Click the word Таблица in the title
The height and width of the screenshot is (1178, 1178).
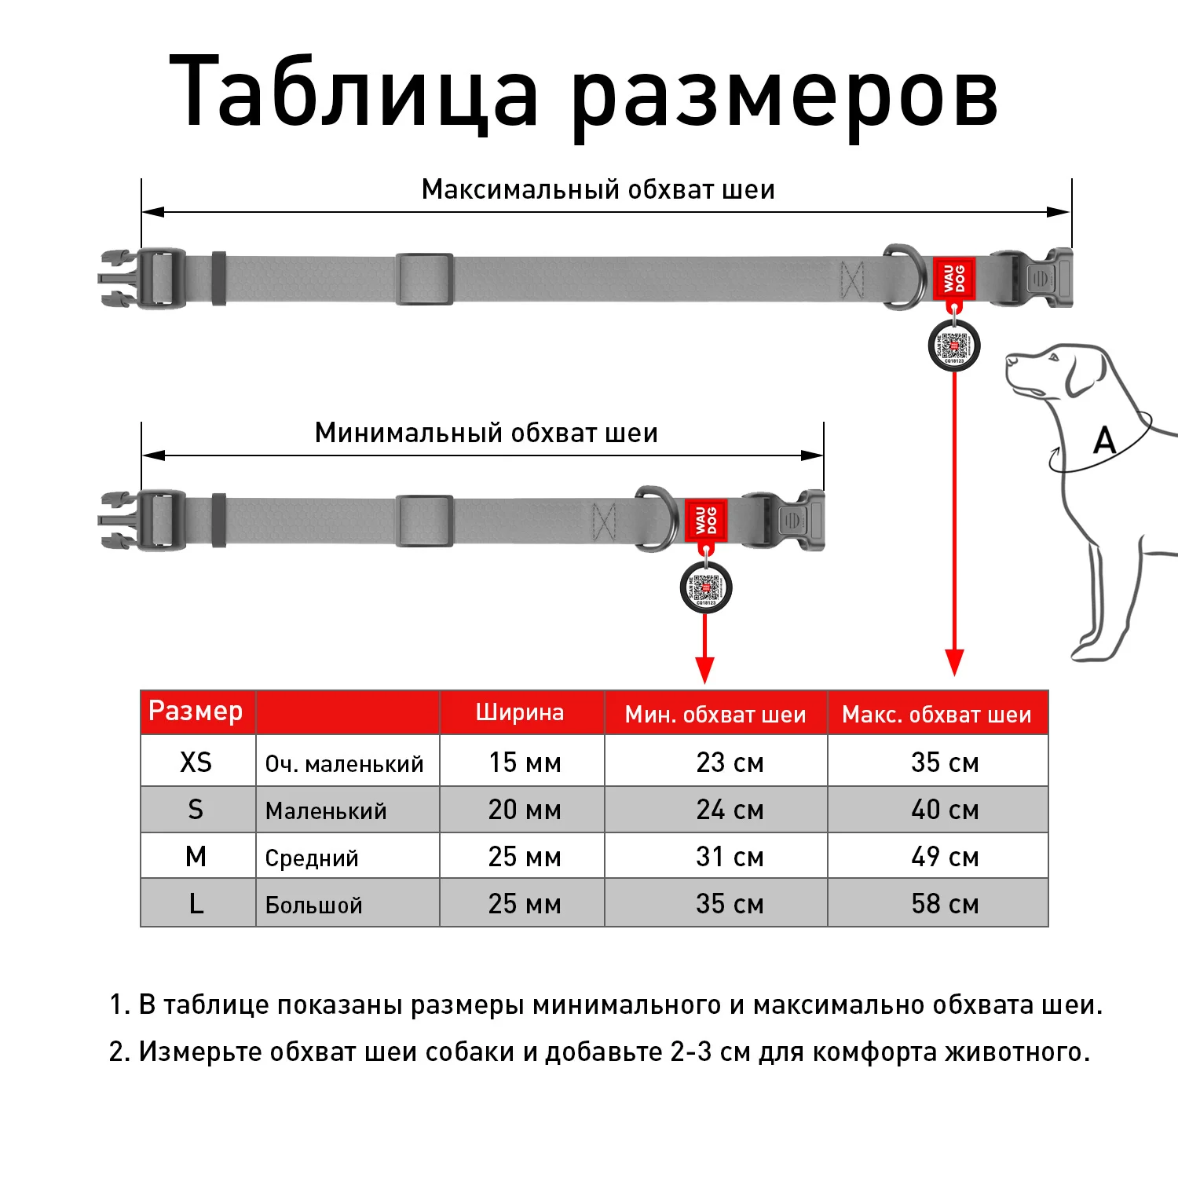point(353,90)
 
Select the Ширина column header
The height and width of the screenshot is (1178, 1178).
point(520,712)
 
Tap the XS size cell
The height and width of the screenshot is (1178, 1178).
point(196,762)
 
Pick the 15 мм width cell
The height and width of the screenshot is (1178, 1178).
point(525,762)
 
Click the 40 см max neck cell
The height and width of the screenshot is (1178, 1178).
point(945,810)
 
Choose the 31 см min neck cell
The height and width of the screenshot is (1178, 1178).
point(730,857)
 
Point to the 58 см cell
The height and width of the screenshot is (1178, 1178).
point(945,904)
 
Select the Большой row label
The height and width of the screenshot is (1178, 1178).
point(314,905)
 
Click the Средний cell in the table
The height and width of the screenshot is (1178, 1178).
point(312,858)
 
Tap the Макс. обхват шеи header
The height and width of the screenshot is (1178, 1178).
point(936,715)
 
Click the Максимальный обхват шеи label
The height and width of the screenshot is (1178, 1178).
point(598,190)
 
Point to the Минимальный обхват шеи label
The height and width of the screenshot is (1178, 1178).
point(486,433)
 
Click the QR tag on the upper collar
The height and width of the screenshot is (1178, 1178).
point(954,346)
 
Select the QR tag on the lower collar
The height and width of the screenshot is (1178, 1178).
point(706,587)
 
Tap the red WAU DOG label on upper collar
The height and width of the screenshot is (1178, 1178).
point(954,278)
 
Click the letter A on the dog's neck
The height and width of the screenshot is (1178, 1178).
point(1105,441)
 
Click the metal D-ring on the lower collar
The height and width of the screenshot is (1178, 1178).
point(656,518)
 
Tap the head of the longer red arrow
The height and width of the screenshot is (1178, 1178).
point(954,664)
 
